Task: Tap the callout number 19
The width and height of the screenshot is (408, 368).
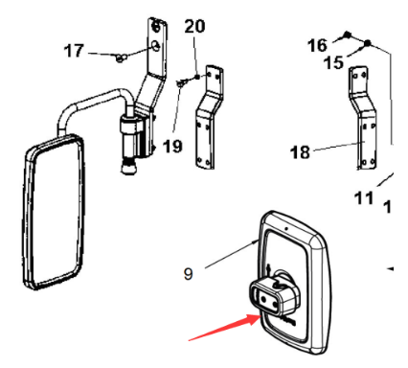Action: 171,147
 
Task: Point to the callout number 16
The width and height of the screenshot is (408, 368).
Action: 317,43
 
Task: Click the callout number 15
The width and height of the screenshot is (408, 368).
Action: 334,62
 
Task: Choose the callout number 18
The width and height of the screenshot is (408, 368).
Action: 300,151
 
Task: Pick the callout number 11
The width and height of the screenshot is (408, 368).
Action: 363,198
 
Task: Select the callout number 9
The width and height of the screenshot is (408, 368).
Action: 189,273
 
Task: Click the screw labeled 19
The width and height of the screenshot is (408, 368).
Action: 181,86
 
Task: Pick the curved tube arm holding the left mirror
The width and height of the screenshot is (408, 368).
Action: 91,101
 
